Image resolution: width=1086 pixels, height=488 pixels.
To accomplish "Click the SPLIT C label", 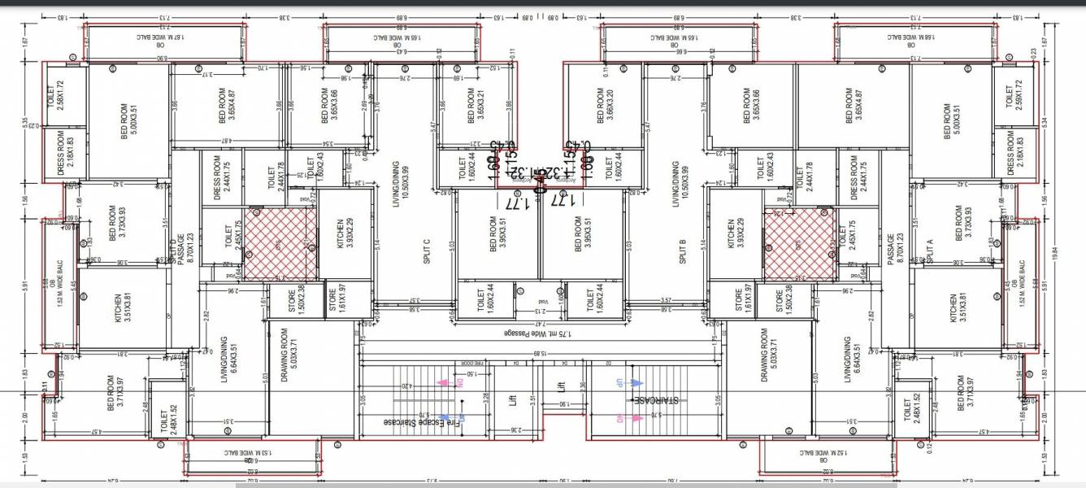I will click(427, 251).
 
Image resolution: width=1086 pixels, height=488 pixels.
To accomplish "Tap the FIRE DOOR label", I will click(474, 363).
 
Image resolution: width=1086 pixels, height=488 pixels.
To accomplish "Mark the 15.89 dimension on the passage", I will click(539, 353).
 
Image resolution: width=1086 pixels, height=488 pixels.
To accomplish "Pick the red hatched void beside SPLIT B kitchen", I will click(799, 242).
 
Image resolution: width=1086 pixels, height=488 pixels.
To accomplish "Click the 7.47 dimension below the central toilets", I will click(536, 323).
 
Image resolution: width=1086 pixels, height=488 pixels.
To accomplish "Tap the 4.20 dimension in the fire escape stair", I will click(416, 386).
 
